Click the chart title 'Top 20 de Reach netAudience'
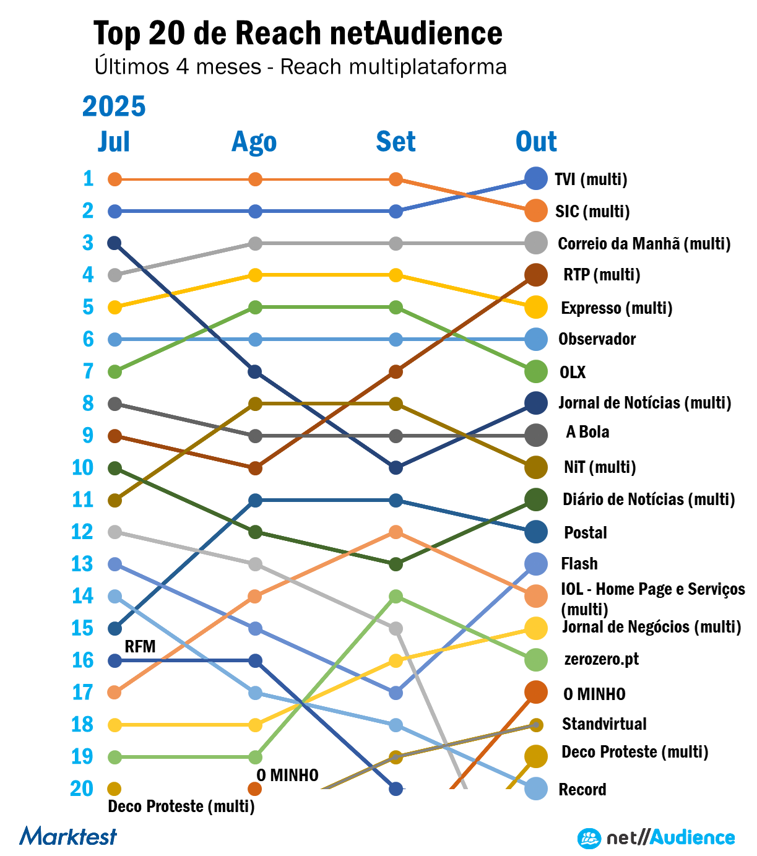[x=298, y=33]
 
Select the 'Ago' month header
[x=254, y=142]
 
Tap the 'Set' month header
[x=396, y=142]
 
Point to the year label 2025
[x=114, y=106]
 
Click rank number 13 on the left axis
[x=82, y=564]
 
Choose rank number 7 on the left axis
[x=88, y=371]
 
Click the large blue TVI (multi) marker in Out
[x=535, y=179]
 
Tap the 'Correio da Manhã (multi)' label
[x=644, y=244]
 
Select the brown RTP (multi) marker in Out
[x=535, y=275]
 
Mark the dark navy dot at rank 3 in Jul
[x=115, y=243]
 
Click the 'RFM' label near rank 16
[x=140, y=647]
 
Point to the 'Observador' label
[x=597, y=339]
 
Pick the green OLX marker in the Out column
[x=535, y=371]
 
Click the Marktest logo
[x=68, y=836]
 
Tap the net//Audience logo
[x=656, y=838]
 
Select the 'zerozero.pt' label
[x=601, y=659]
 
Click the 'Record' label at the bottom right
[x=582, y=790]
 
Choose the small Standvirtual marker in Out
[x=536, y=725]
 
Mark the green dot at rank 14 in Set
[x=396, y=596]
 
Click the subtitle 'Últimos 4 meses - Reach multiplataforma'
[x=300, y=67]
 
